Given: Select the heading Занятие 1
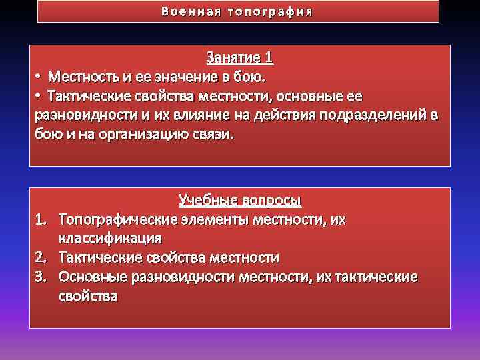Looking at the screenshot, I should (240, 57).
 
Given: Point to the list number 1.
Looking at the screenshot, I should (40, 219).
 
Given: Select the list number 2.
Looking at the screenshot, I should (40, 257).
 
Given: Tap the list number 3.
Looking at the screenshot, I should (40, 277).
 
